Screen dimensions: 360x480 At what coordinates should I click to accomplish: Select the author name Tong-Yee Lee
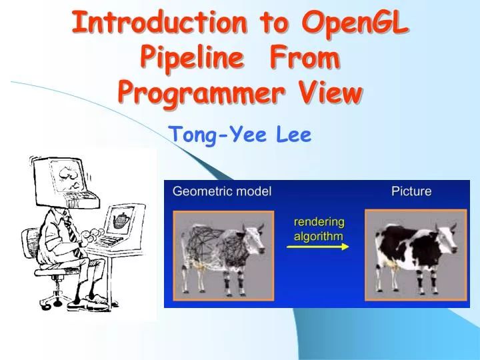[x=240, y=135]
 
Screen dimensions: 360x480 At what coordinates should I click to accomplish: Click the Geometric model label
[x=222, y=191]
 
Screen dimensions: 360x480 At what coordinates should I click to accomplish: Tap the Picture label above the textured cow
[x=411, y=191]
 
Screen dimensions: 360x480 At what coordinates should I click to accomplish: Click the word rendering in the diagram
[x=319, y=221]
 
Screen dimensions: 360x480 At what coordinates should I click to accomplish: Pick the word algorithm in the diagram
[x=319, y=235]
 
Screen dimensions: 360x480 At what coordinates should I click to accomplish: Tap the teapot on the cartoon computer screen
[x=122, y=219]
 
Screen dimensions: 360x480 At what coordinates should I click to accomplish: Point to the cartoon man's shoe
[x=83, y=304]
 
